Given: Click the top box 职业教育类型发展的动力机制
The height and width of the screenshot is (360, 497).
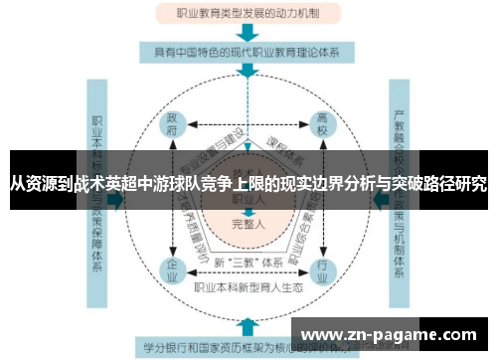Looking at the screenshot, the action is tap(248, 13).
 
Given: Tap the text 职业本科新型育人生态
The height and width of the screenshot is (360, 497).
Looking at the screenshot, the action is tap(248, 285).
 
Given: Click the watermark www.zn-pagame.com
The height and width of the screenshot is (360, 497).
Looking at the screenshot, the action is tap(394, 335).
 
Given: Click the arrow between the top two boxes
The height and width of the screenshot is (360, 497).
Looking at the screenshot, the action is tap(248, 34).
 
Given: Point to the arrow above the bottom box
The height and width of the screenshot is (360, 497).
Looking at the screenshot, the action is tap(248, 325).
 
